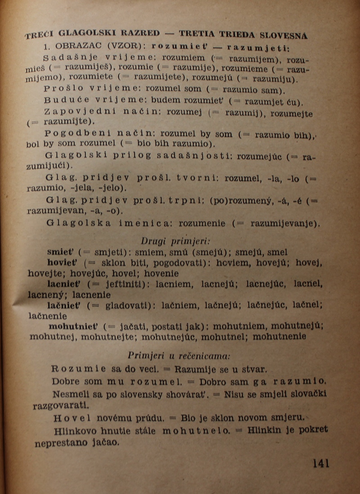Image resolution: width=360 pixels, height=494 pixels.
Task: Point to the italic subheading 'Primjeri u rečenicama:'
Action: click(179, 355)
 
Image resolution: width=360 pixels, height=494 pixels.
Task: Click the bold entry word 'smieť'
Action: click(59, 252)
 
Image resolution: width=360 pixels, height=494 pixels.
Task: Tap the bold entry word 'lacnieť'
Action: click(65, 284)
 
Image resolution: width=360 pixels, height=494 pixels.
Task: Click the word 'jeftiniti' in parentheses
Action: click(118, 285)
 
